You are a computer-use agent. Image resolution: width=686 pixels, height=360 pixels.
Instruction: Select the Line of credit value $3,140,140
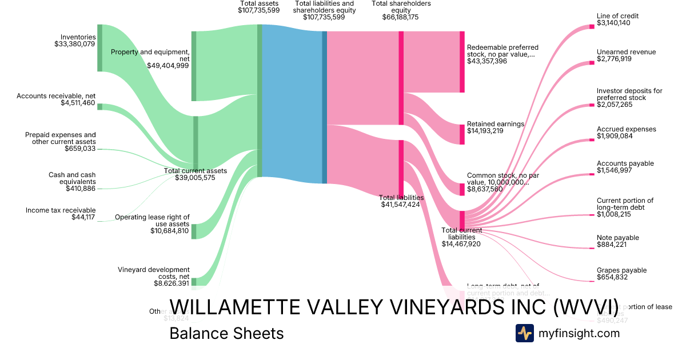pos(613,23)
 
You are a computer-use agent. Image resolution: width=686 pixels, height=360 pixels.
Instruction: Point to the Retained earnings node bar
pos(462,134)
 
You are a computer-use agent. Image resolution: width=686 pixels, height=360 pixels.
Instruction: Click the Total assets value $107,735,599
pos(260,10)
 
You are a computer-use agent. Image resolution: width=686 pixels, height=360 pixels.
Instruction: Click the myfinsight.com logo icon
pos(524,333)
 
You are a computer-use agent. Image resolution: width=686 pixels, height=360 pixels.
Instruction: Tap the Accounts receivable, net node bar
pos(99,107)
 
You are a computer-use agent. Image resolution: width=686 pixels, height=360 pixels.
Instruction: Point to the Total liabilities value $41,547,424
pos(401,204)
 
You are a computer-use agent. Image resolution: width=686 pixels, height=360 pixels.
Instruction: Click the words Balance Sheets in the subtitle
pos(226,333)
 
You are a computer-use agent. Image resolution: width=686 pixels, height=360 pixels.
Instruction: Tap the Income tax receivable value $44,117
pos(83,217)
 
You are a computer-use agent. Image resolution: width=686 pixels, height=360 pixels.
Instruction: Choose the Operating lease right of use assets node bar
pos(194,231)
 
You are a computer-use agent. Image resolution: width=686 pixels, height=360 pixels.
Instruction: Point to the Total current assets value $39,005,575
pos(196,178)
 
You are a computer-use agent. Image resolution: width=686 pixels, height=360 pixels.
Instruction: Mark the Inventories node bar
pos(99,48)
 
